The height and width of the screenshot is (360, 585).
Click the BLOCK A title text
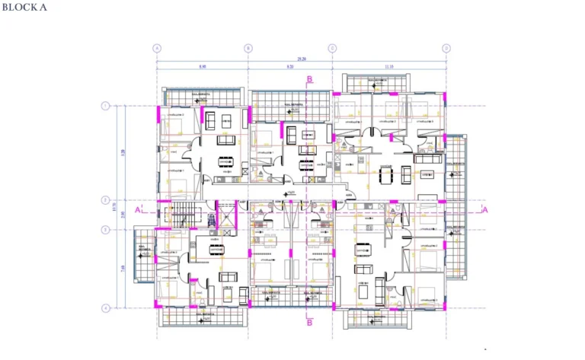(x=25, y=8)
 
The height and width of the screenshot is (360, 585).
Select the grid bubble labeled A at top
(x=158, y=48)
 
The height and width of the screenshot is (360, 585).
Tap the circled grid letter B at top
(x=248, y=48)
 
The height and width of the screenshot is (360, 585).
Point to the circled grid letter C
(x=333, y=48)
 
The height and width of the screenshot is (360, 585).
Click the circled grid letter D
(x=446, y=48)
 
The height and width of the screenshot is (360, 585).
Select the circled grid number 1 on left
(x=105, y=106)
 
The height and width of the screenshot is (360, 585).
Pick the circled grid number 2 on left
(x=105, y=200)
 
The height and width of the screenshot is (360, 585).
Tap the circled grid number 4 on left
(x=105, y=307)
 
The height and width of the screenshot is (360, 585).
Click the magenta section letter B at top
(x=309, y=79)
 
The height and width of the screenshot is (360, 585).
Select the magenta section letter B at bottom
(x=309, y=322)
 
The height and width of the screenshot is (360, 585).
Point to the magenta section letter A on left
(x=137, y=209)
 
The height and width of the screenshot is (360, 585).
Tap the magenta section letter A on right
(x=484, y=209)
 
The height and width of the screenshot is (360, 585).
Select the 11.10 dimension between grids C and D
(x=389, y=67)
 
